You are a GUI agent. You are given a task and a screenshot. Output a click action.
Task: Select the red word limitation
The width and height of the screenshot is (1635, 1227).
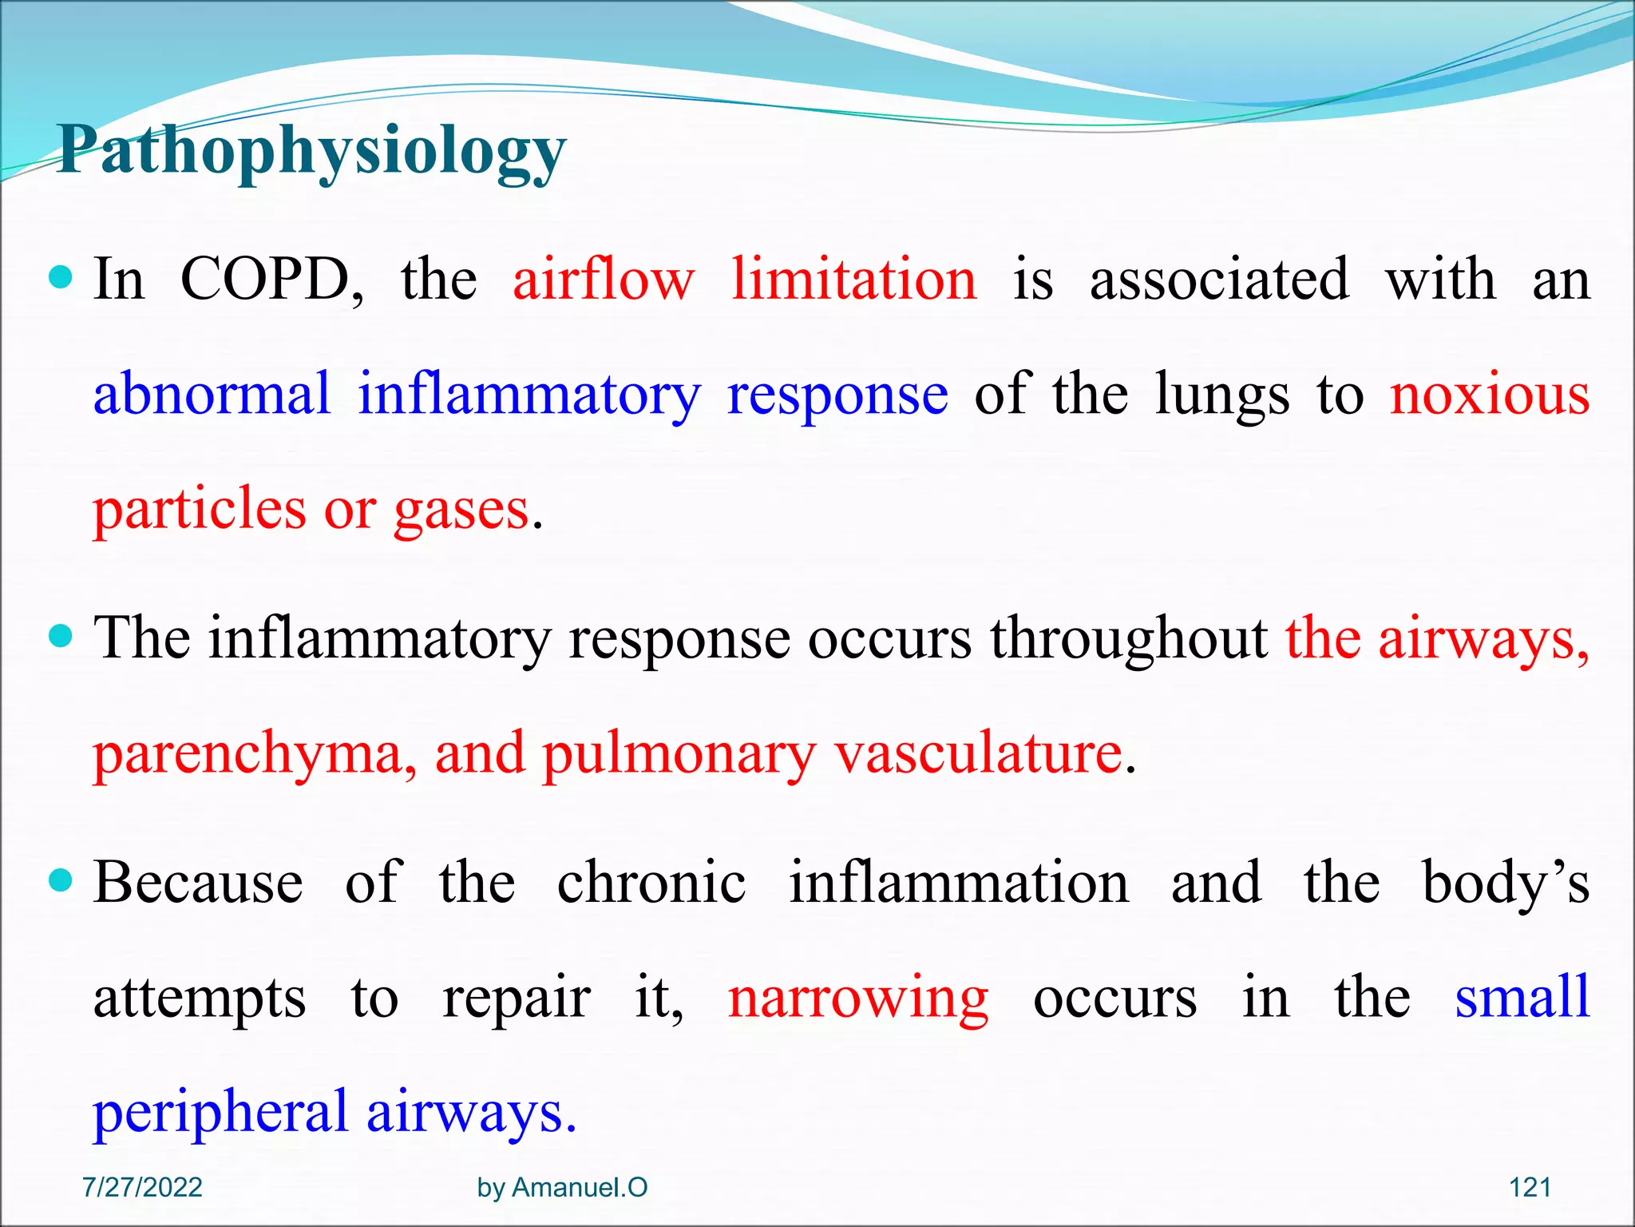pyautogui.click(x=854, y=280)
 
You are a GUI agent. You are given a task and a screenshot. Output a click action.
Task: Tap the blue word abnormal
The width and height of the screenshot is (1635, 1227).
pyautogui.click(x=212, y=395)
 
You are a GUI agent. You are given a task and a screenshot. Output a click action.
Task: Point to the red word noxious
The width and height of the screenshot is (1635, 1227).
pyautogui.click(x=1490, y=395)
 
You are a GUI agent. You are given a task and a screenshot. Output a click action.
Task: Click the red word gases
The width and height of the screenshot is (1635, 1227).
pyautogui.click(x=461, y=510)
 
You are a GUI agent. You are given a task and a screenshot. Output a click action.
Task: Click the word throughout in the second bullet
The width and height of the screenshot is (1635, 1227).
pyautogui.click(x=1129, y=639)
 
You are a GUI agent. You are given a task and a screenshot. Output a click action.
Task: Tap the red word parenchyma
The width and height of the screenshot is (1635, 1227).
pyautogui.click(x=254, y=755)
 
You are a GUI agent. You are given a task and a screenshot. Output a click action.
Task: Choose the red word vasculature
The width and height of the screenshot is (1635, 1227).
pyautogui.click(x=979, y=753)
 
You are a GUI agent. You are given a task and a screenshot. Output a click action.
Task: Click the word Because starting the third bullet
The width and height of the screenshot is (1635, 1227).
pyautogui.click(x=198, y=883)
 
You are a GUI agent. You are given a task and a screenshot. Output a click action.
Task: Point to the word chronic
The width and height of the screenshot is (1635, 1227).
pyautogui.click(x=651, y=883)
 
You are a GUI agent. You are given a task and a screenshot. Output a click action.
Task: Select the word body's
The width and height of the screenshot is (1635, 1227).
pyautogui.click(x=1506, y=884)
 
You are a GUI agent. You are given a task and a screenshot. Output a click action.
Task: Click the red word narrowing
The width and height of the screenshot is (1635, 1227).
pyautogui.click(x=858, y=999)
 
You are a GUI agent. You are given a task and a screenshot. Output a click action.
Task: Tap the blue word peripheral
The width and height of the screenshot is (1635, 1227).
pyautogui.click(x=220, y=1113)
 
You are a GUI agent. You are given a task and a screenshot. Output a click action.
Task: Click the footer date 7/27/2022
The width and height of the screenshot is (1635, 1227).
pyautogui.click(x=142, y=1188)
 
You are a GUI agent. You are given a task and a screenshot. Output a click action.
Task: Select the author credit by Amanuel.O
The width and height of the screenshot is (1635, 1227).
pyautogui.click(x=562, y=1188)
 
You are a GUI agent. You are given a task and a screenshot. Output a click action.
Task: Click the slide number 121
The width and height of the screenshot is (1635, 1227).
pyautogui.click(x=1530, y=1188)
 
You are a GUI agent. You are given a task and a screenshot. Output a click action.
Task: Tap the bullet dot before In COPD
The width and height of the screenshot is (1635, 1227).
pyautogui.click(x=61, y=279)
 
